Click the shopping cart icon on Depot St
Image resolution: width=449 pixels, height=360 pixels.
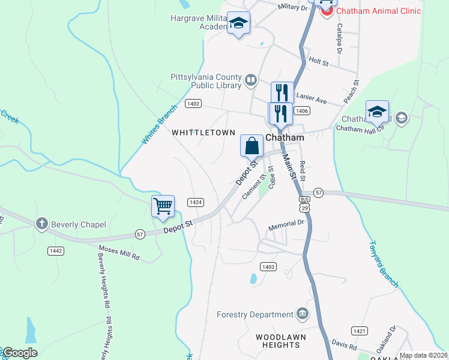tap(163, 206)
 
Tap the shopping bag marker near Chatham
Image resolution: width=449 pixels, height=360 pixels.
tap(252, 146)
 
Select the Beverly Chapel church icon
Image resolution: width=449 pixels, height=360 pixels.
tap(41, 224)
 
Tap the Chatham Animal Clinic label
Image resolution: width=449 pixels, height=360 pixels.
tap(378, 11)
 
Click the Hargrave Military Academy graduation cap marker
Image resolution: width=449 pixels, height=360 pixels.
tap(239, 23)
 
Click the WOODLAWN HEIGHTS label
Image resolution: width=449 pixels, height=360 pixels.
tap(280, 341)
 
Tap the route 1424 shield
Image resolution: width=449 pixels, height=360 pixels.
tap(194, 202)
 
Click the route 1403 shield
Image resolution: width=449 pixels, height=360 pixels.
tap(268, 266)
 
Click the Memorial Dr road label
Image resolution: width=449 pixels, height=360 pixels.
tap(287, 224)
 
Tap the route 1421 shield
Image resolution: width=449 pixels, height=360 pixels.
tap(360, 331)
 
